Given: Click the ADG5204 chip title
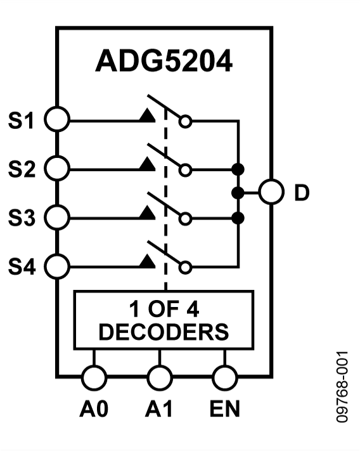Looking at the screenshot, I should pyautogui.click(x=164, y=62).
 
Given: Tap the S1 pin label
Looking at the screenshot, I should pyautogui.click(x=21, y=120).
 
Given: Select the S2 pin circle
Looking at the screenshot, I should pyautogui.click(x=57, y=169).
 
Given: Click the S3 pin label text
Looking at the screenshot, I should pyautogui.click(x=21, y=218).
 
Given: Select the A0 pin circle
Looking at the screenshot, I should pyautogui.click(x=94, y=378).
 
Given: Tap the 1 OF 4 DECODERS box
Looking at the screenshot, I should pyautogui.click(x=164, y=320).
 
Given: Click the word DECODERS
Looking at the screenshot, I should pyautogui.click(x=164, y=332).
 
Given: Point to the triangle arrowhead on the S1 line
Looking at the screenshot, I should pyautogui.click(x=147, y=116).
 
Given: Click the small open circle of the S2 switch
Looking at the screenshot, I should pyautogui.click(x=185, y=169).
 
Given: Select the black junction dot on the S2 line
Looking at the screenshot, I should pyautogui.click(x=239, y=169).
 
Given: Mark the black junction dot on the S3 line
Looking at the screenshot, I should pyautogui.click(x=239, y=218).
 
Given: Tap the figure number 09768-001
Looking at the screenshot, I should pyautogui.click(x=342, y=386).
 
